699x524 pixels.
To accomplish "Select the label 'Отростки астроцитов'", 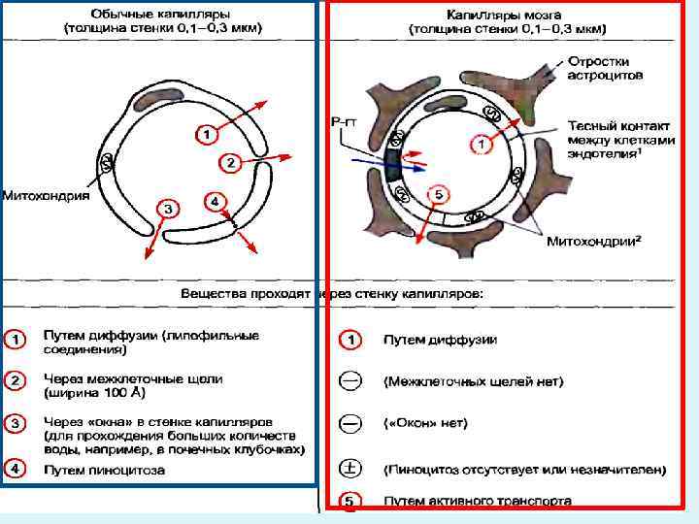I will (x=607, y=66).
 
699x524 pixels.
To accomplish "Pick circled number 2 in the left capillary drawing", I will (x=230, y=162).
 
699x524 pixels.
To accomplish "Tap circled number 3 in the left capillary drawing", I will (x=167, y=209).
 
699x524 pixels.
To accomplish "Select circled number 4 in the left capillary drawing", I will (x=215, y=202).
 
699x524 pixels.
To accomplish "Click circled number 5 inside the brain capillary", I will (x=438, y=195).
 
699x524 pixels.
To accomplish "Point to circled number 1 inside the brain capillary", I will (x=481, y=144).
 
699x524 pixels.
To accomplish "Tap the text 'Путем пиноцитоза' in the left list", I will (x=104, y=470).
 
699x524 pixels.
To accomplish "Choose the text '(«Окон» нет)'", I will (x=426, y=423).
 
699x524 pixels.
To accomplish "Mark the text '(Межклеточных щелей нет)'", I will (x=473, y=381).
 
